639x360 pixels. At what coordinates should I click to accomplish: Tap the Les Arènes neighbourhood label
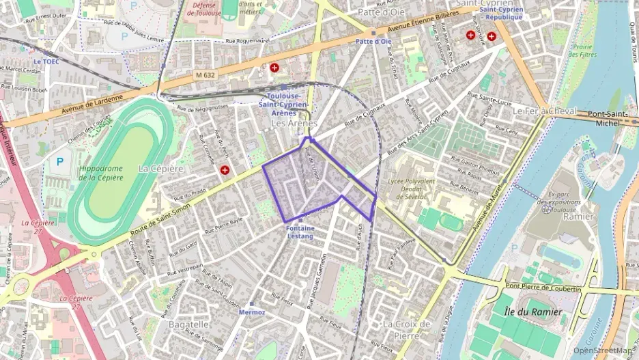[294, 124]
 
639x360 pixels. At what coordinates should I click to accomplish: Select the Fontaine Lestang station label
[300, 232]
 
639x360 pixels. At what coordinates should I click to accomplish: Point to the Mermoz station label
[252, 311]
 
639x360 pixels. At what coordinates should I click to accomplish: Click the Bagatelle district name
[189, 324]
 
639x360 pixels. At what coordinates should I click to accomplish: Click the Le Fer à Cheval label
[544, 111]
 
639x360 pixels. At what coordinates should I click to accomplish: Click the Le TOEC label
[46, 61]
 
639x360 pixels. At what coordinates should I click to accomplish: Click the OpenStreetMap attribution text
[603, 350]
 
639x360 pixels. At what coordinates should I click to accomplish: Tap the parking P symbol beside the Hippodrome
[59, 162]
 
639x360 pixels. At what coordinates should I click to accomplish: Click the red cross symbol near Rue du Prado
[225, 169]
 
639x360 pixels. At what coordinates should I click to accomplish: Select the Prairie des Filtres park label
[584, 51]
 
